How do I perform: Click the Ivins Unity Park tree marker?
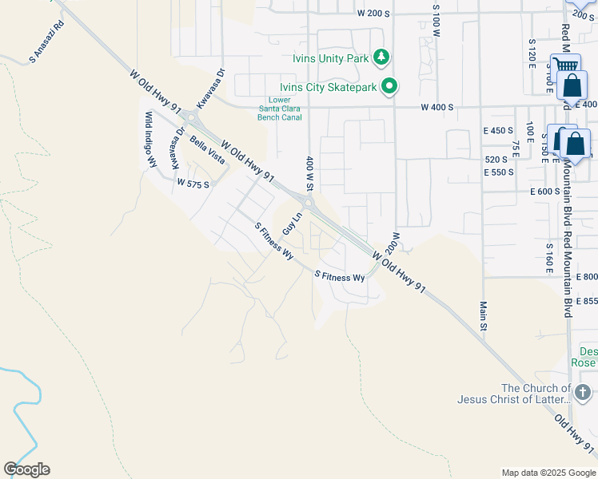[383, 56]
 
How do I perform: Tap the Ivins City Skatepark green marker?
[389, 87]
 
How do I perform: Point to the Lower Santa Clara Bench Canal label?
[280, 109]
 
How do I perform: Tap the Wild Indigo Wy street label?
[149, 140]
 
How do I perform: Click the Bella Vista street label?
[207, 149]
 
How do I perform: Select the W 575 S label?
[193, 184]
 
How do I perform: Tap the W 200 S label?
[373, 14]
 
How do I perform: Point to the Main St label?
[484, 314]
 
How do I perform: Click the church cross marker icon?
[581, 392]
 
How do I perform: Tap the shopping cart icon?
[565, 65]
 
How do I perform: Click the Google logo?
[26, 469]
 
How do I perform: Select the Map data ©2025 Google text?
[548, 473]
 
